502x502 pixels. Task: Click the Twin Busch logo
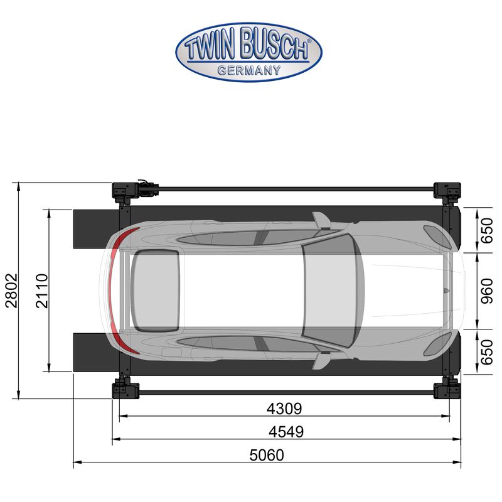[x=248, y=52]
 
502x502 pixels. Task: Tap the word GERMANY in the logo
[x=249, y=70]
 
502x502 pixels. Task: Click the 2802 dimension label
[x=11, y=291]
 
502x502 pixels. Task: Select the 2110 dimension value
[x=42, y=291]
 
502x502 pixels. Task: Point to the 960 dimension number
[x=488, y=291]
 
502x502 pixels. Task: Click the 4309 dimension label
[x=284, y=409]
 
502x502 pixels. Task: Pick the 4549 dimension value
[x=286, y=432]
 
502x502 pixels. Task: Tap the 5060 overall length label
[x=267, y=455]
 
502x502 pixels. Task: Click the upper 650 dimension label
[x=488, y=230]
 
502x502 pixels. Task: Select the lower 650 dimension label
[x=488, y=352]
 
